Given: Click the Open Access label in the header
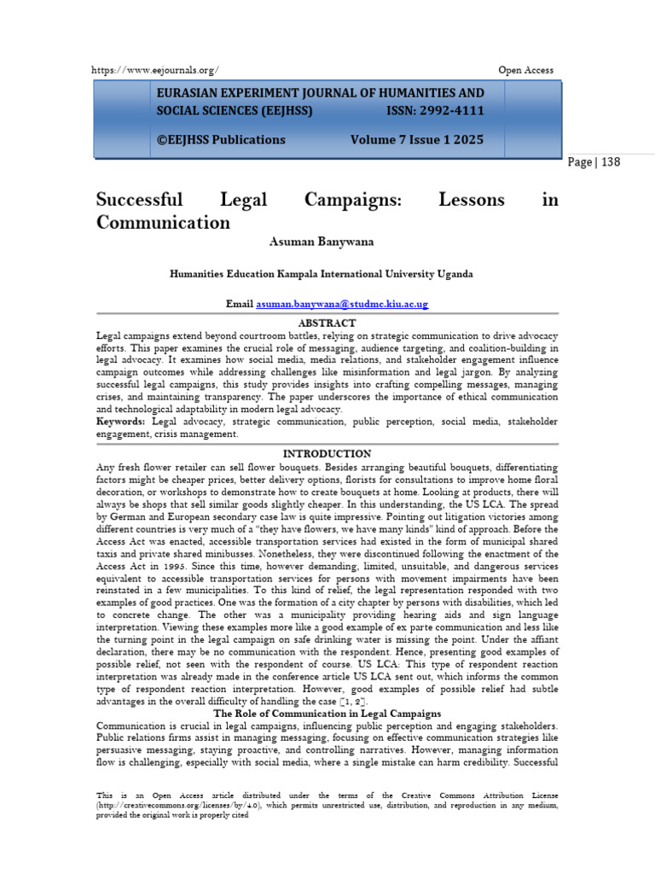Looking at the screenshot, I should coord(525,70).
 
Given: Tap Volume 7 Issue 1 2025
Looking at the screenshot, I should coord(417,139).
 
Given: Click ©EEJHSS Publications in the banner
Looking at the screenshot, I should coord(220,139).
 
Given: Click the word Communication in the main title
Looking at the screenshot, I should coord(163,223).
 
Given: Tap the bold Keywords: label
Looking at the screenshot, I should coord(122,422).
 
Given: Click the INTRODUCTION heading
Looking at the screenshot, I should coord(327,453).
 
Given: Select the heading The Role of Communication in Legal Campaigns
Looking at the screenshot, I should coord(327,714).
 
